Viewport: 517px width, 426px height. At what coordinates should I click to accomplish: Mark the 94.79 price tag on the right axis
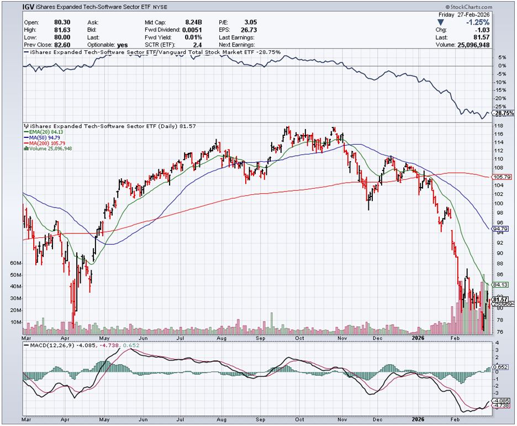tap(499, 228)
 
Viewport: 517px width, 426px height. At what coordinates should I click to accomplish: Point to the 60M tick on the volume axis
tap(16, 263)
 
